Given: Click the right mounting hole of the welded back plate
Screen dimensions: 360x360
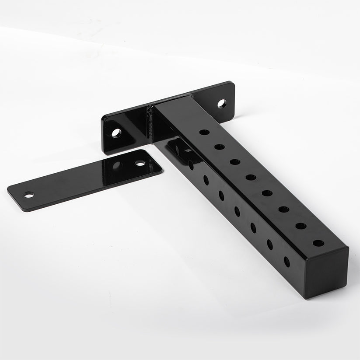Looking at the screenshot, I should click(x=222, y=104).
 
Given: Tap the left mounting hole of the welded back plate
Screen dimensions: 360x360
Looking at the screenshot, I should click(x=116, y=133).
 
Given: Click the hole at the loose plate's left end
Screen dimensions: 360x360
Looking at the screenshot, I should click(x=29, y=195).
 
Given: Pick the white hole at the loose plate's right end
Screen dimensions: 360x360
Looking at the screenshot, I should click(x=140, y=163).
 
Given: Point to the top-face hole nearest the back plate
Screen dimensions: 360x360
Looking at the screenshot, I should click(x=204, y=132).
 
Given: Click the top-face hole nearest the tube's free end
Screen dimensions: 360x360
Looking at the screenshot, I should click(x=318, y=243).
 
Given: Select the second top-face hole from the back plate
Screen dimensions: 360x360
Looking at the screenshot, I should click(x=220, y=147).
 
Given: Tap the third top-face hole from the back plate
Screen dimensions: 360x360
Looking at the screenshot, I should click(x=235, y=162).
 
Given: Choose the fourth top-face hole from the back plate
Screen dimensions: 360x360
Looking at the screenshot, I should click(x=251, y=177).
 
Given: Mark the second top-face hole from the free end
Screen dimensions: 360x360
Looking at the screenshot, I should click(x=301, y=226).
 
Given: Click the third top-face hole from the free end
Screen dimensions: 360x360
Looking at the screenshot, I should click(x=283, y=209).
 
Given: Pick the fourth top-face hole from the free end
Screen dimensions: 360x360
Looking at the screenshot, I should click(x=267, y=193).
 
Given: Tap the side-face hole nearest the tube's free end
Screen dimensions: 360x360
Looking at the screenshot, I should click(x=287, y=262).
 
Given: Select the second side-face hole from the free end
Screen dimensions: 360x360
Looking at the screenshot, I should click(x=269, y=245).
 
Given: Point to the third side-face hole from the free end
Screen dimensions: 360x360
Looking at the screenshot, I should click(x=253, y=227).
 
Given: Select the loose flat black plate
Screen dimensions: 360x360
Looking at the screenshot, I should click(x=83, y=179).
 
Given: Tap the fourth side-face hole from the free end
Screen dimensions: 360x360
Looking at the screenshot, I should click(x=237, y=211).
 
